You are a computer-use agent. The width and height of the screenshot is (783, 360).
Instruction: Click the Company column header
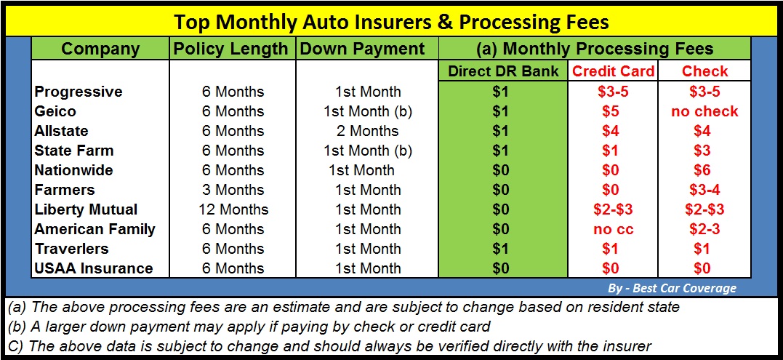(x=100, y=49)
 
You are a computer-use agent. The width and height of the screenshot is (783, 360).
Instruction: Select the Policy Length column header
(x=230, y=49)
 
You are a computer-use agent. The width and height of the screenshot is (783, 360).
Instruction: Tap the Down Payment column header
(x=363, y=49)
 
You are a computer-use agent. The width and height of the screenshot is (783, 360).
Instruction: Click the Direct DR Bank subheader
(x=503, y=71)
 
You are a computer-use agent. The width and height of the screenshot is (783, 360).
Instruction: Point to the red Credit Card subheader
(x=613, y=71)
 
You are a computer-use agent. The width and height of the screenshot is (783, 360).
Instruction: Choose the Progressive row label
(x=79, y=92)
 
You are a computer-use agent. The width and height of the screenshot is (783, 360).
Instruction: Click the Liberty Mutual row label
(x=86, y=209)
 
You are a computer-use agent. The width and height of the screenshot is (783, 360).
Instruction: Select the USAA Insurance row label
(x=93, y=268)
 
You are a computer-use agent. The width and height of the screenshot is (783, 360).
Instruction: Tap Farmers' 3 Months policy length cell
(x=233, y=190)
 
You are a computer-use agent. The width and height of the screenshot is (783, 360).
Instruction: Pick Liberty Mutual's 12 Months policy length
(x=233, y=209)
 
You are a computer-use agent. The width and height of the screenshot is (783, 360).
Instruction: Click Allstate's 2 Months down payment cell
(x=368, y=131)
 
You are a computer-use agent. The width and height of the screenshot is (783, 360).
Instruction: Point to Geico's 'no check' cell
(x=704, y=111)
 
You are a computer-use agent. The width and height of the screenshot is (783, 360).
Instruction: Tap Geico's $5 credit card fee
(x=610, y=111)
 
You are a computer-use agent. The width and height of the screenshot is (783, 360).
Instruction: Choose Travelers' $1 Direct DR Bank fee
(x=500, y=249)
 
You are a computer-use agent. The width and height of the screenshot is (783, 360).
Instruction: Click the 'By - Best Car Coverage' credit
(x=672, y=288)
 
